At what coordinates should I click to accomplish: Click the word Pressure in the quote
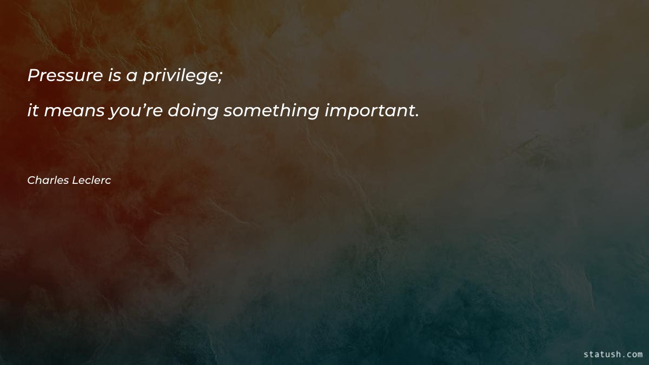(65, 76)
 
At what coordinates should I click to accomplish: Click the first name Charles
(47, 181)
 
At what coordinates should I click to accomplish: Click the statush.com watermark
(613, 354)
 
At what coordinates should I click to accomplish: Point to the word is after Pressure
(114, 76)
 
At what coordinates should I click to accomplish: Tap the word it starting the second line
(33, 111)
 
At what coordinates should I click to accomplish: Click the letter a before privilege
(131, 77)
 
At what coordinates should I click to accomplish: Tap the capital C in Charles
(31, 181)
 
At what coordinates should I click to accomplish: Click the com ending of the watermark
(634, 355)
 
